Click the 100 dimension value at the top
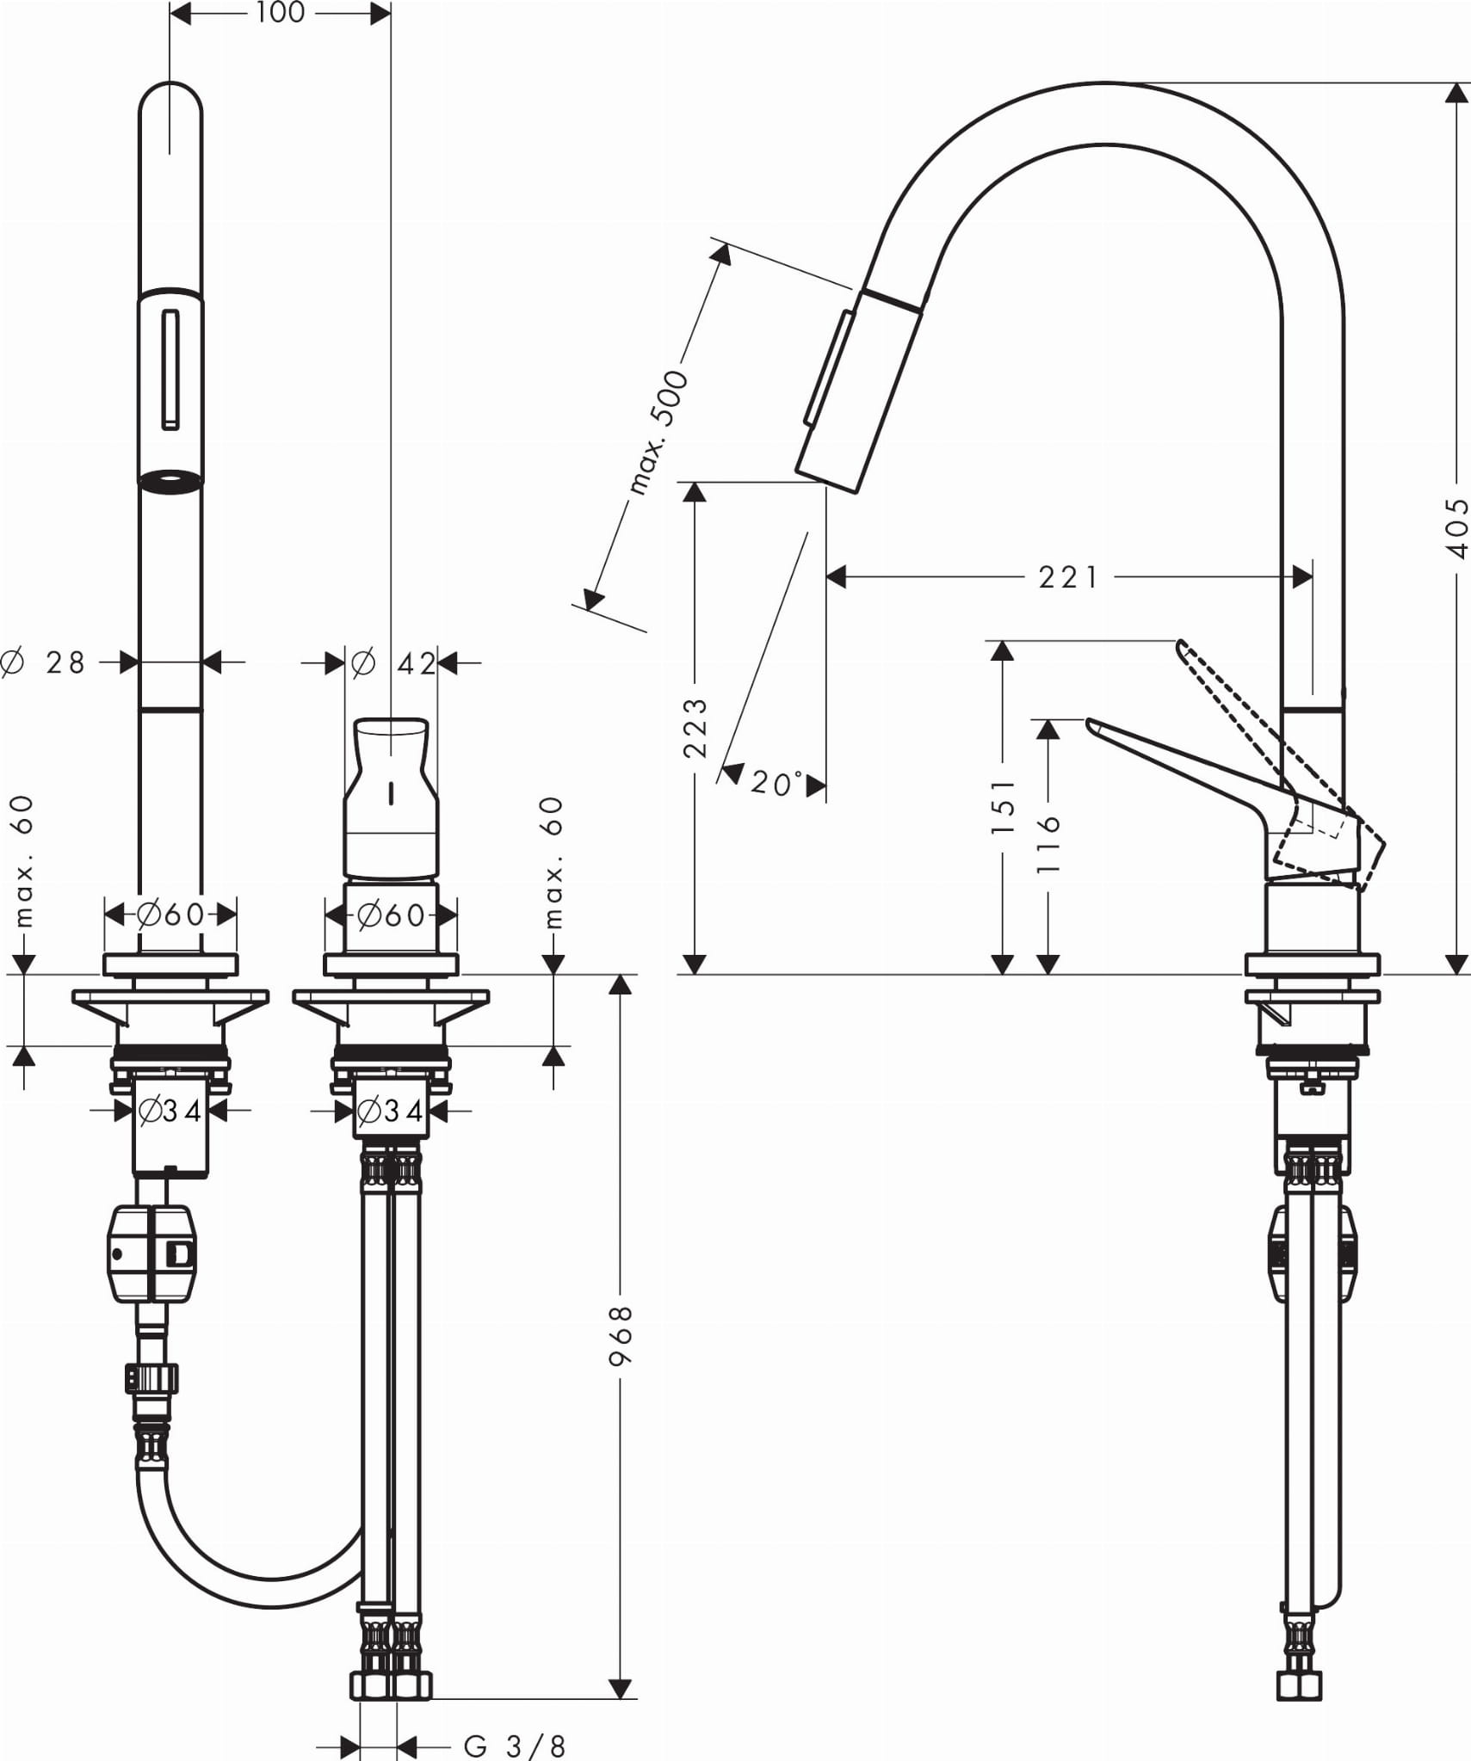[281, 13]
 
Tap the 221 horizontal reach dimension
[1068, 576]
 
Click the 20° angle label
[776, 783]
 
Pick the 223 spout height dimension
[695, 728]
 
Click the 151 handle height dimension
[1003, 806]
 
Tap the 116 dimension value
[1048, 845]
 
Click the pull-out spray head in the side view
[856, 391]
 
